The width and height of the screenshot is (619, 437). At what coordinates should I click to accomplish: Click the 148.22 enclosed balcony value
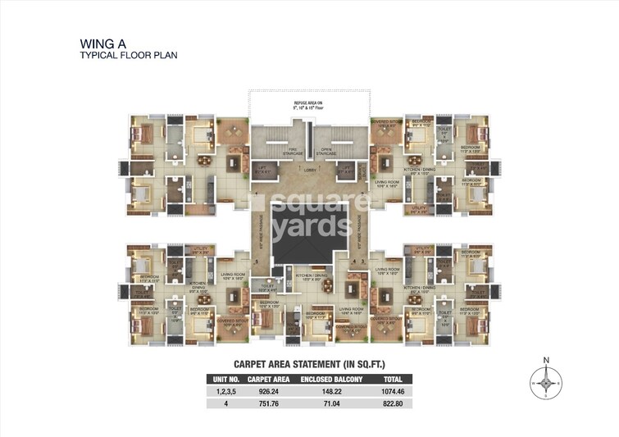pos(325,393)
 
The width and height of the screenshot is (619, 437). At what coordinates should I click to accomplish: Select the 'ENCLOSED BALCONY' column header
pos(325,380)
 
